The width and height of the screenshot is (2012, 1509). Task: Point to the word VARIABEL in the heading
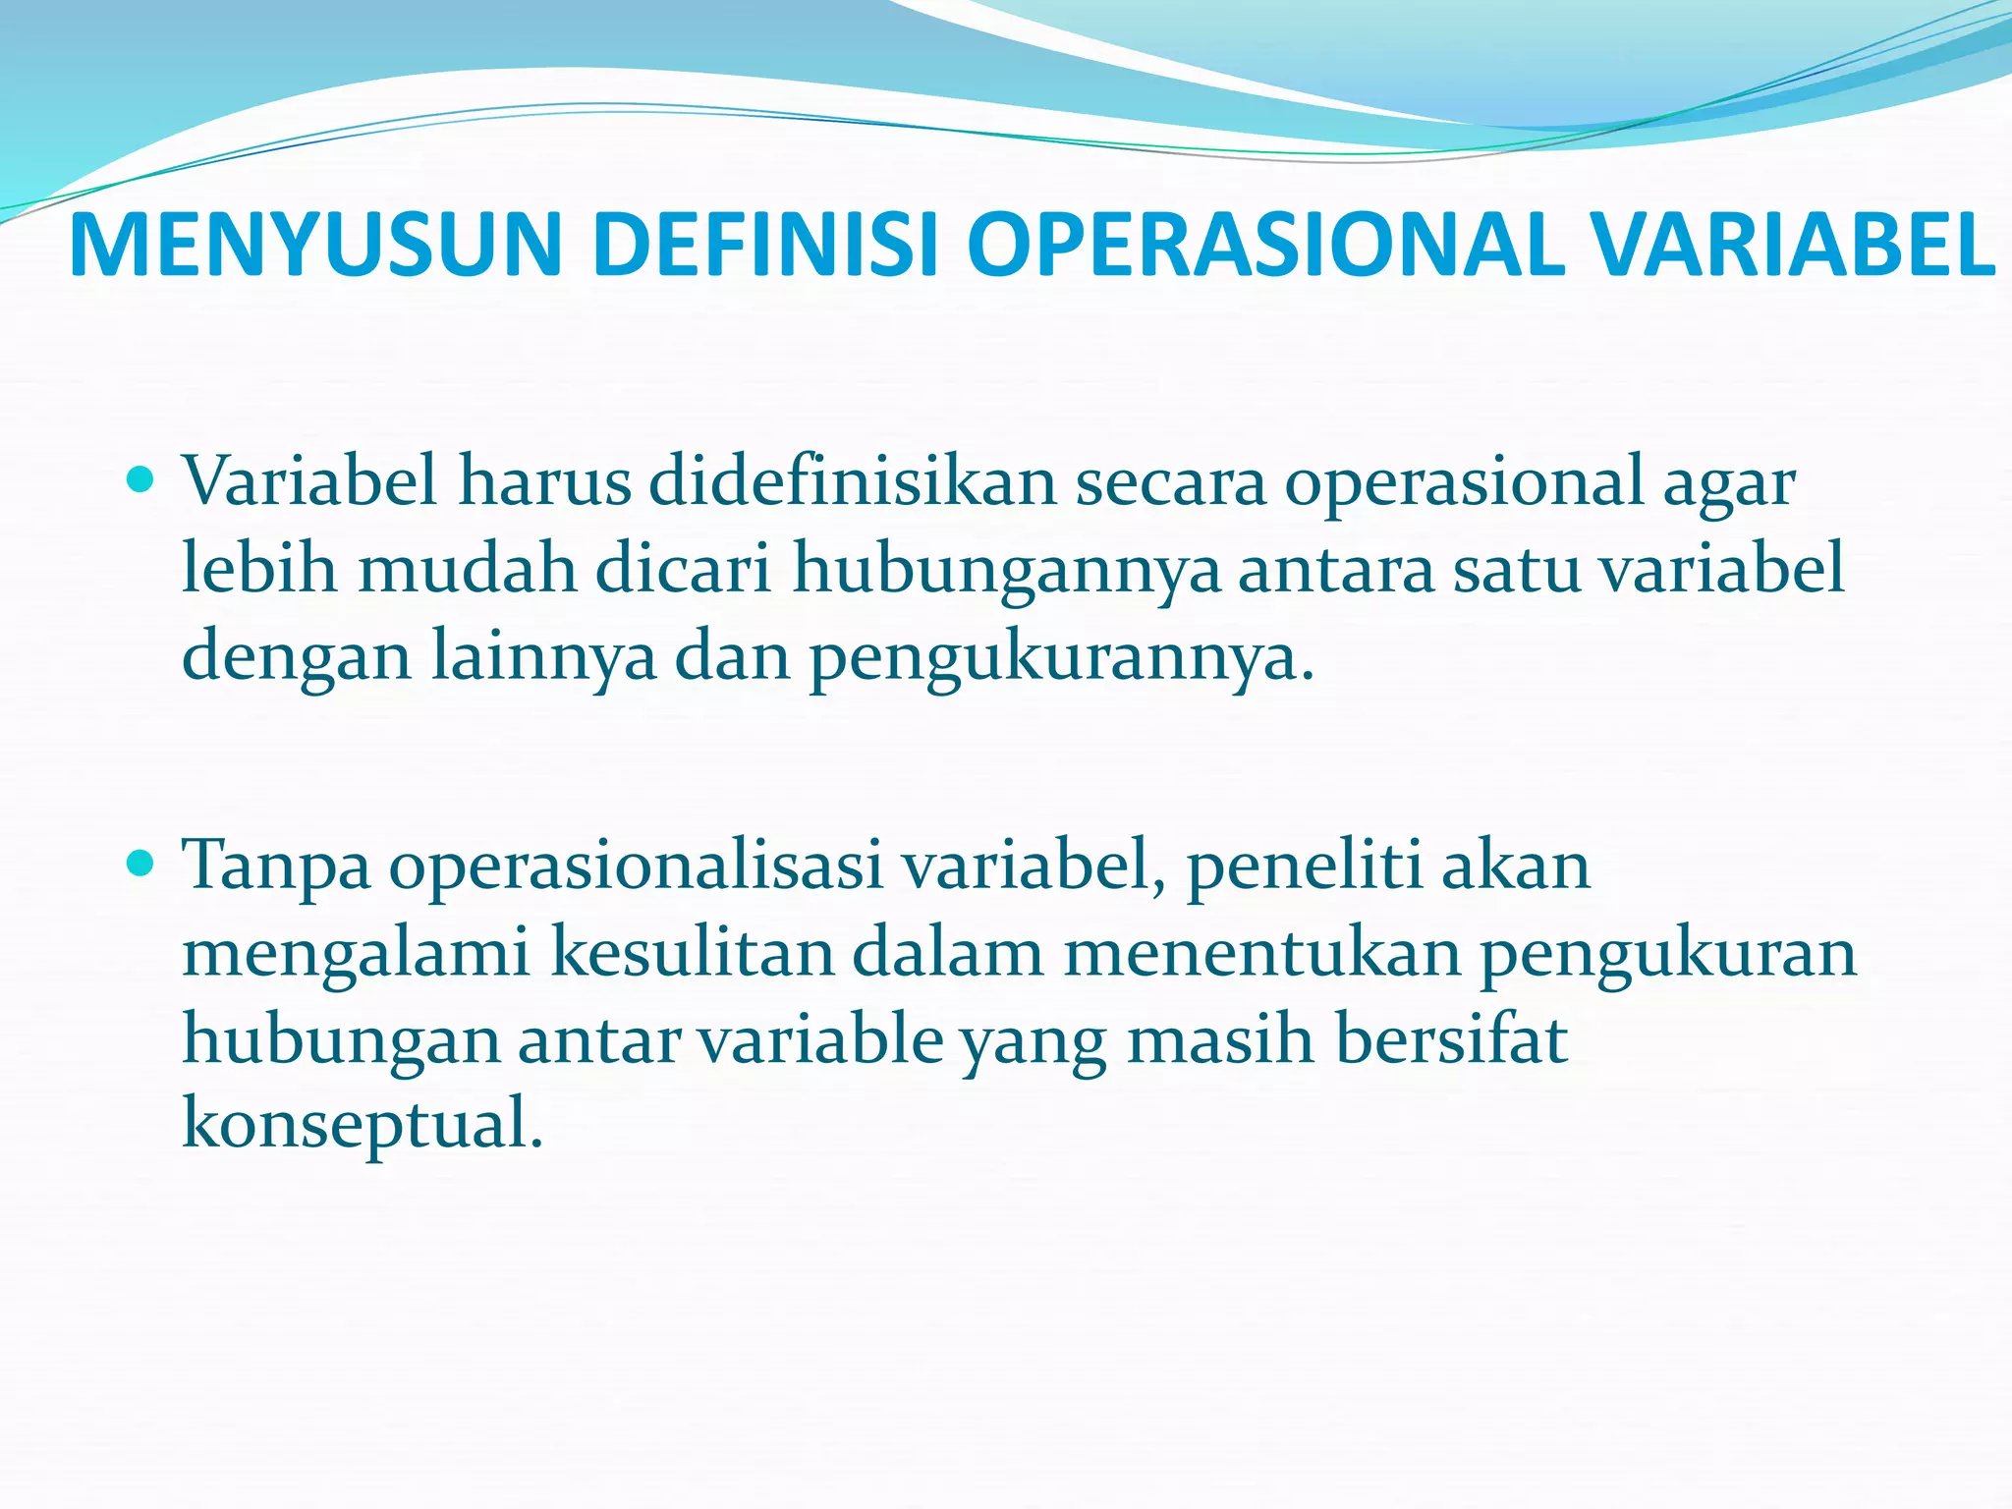(x=1794, y=246)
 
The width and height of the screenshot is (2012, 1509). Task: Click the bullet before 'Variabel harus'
(x=142, y=480)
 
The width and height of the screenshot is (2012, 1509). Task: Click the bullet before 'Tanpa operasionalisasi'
(x=142, y=865)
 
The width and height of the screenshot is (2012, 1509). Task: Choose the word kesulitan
(x=692, y=953)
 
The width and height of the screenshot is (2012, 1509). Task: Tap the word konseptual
(x=362, y=1125)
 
